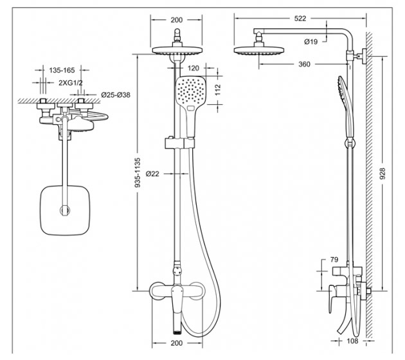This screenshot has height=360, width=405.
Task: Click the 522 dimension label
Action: click(x=300, y=19)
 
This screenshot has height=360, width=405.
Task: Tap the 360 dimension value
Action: click(x=304, y=64)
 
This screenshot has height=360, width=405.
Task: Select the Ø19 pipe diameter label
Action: click(x=310, y=42)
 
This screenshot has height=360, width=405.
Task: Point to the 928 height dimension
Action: click(x=382, y=174)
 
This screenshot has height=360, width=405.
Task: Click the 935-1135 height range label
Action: click(x=138, y=172)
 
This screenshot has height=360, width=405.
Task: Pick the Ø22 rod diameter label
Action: click(x=152, y=174)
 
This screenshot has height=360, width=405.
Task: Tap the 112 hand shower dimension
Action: click(x=218, y=90)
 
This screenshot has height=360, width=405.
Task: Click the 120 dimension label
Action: click(x=194, y=68)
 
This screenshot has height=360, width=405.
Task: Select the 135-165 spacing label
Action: click(x=62, y=70)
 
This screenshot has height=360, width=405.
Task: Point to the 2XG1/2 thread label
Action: click(x=71, y=83)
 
